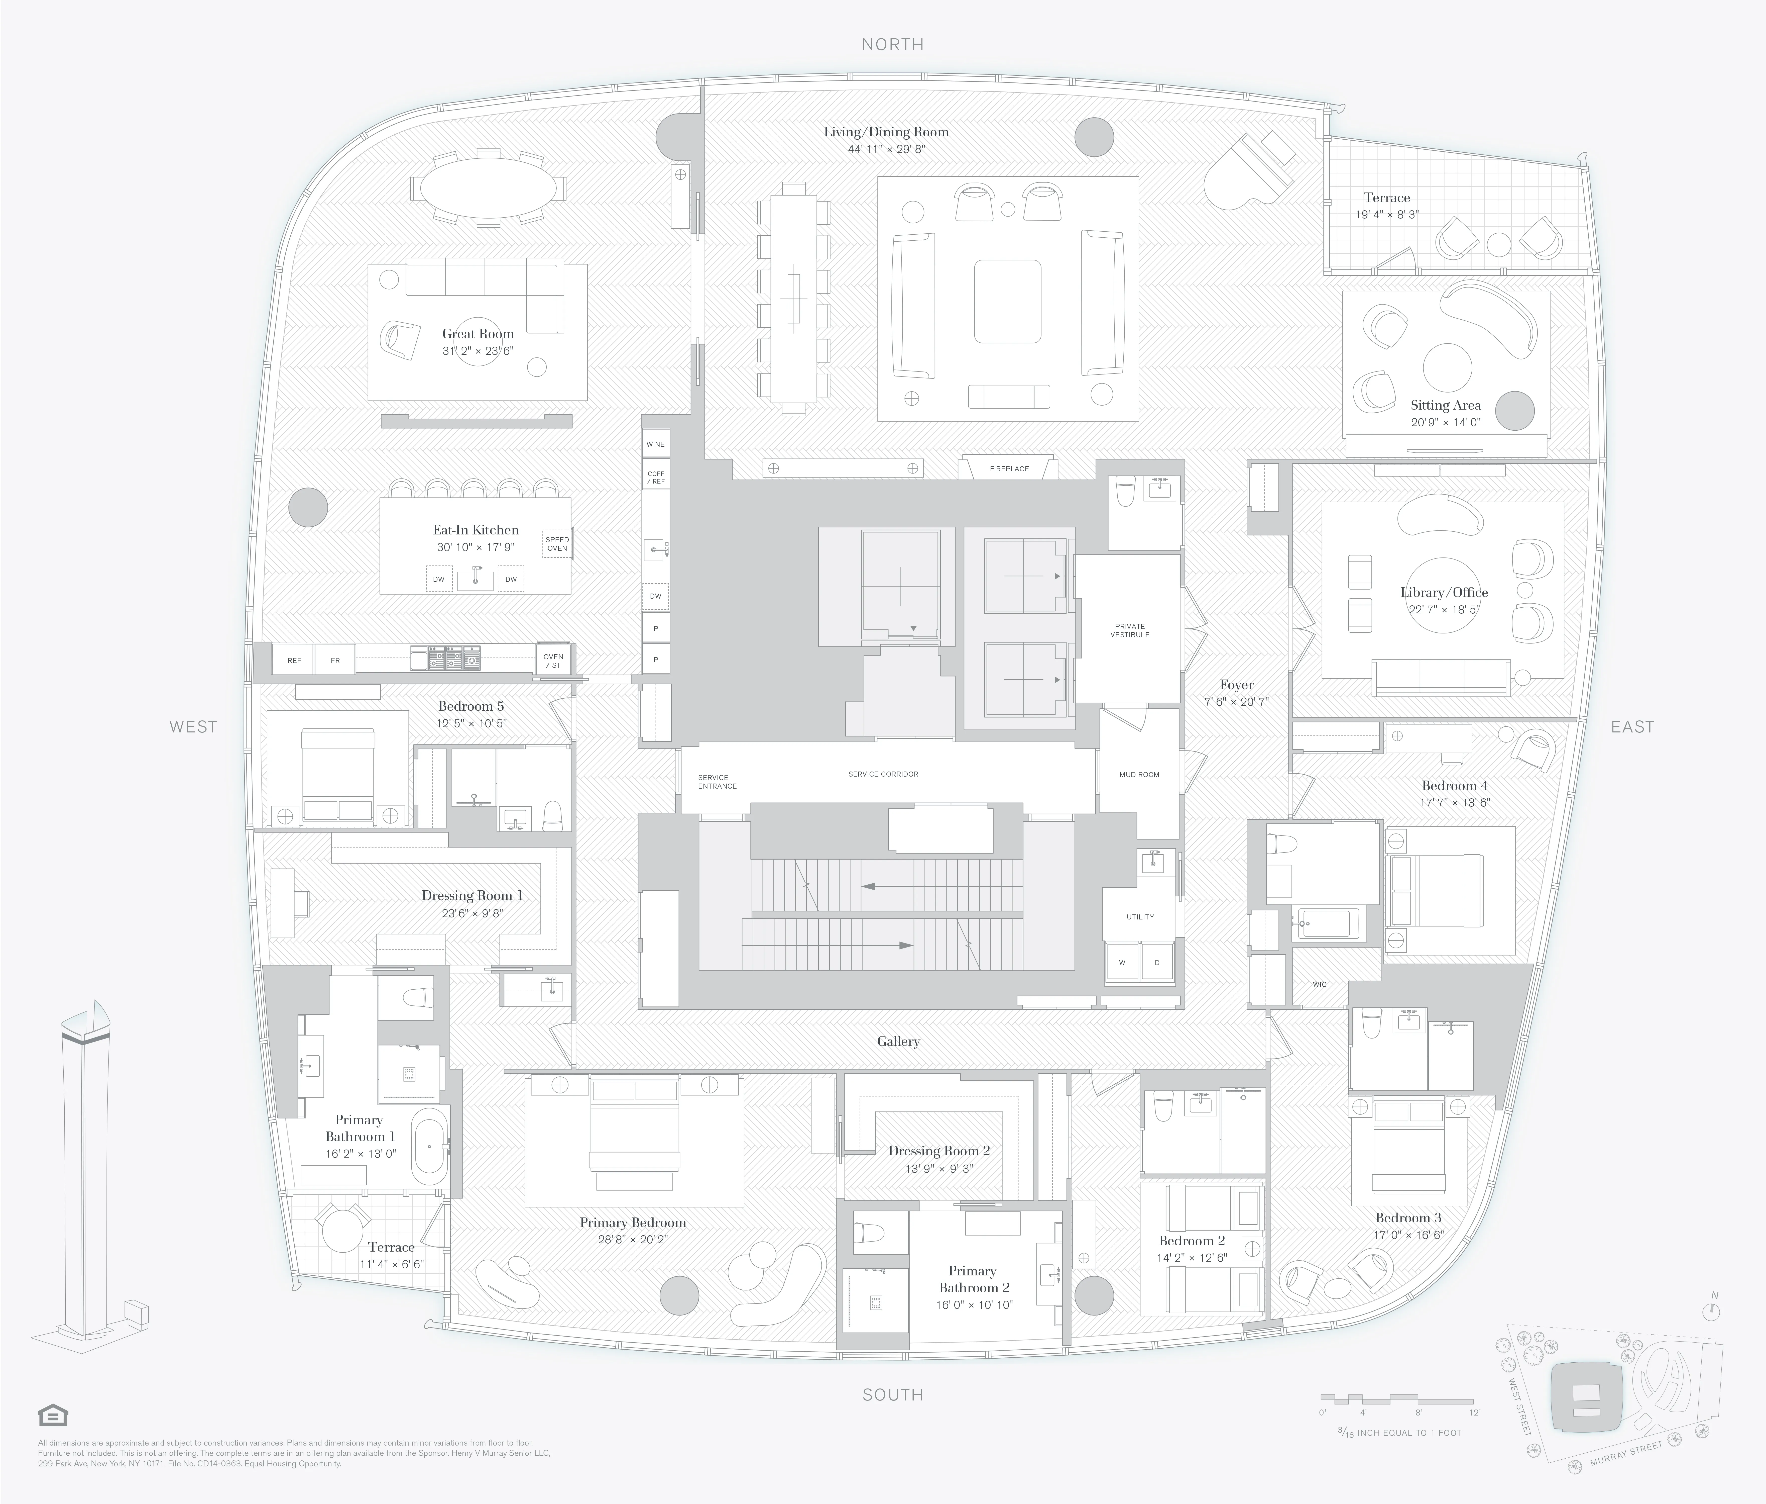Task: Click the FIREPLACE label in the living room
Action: pyautogui.click(x=1009, y=469)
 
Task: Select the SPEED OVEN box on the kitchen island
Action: pyautogui.click(x=557, y=544)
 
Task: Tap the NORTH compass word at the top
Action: pyautogui.click(x=892, y=44)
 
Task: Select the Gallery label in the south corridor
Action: pyautogui.click(x=898, y=1041)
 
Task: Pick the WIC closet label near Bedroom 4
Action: pyautogui.click(x=1319, y=984)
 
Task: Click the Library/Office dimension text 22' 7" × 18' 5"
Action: pyautogui.click(x=1444, y=610)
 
